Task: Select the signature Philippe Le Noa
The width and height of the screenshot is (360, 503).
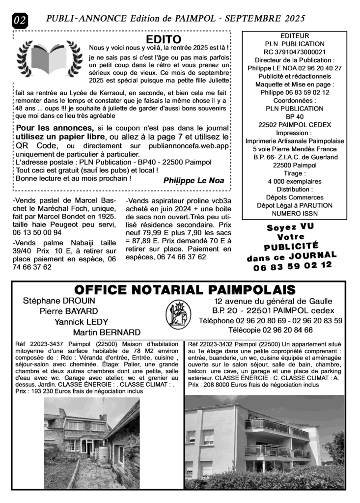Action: tap(193, 181)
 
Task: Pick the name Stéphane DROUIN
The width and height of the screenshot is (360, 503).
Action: tap(59, 301)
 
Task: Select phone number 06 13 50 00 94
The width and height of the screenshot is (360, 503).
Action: tap(37, 232)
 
